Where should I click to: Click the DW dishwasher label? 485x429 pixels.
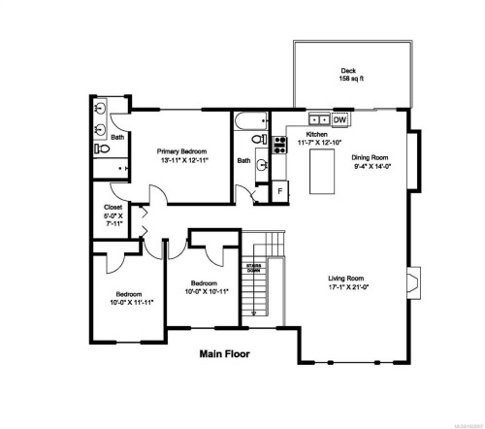339,120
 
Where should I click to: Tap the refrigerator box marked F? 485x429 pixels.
280,191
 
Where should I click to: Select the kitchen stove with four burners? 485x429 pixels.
279,146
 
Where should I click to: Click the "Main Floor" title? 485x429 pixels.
224,354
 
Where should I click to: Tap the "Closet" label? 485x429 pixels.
113,207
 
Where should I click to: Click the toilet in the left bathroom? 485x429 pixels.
102,150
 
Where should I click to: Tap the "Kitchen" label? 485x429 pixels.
316,135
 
